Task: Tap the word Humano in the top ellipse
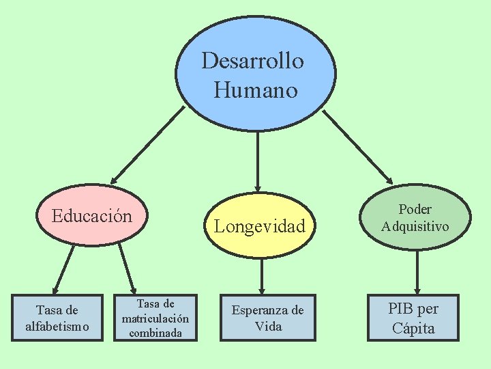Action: [x=256, y=90]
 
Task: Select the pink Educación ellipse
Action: [x=91, y=217]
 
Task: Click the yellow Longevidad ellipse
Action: [x=260, y=226]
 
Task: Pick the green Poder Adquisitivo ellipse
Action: [x=415, y=217]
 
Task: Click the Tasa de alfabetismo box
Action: [x=57, y=318]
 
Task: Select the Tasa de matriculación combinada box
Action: [x=155, y=318]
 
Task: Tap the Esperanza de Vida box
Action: [x=267, y=318]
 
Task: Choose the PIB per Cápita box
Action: [x=413, y=318]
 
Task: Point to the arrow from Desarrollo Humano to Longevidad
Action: [x=257, y=161]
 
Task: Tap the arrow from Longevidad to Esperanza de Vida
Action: [x=262, y=275]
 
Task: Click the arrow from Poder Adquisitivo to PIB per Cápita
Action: [x=417, y=271]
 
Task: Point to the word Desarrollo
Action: [x=253, y=61]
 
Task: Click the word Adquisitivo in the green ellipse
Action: [x=415, y=225]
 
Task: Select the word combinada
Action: [x=155, y=333]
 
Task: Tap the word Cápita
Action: [x=413, y=328]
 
